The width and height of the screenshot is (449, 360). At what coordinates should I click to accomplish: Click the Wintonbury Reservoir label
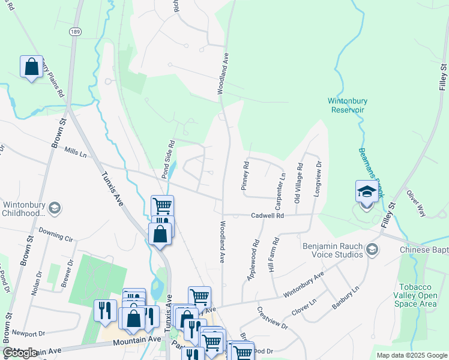[355, 105]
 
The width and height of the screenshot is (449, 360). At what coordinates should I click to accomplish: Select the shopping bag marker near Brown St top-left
[31, 66]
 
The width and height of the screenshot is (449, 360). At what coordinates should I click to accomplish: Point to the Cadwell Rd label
[267, 215]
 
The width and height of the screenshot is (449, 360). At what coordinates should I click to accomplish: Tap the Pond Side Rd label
[167, 160]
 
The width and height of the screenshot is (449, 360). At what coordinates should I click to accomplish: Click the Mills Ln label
[76, 154]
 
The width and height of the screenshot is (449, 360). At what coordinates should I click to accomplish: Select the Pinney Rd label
[244, 176]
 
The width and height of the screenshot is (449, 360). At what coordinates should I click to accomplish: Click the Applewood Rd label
[253, 261]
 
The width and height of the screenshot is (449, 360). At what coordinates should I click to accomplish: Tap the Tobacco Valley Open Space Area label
[418, 295]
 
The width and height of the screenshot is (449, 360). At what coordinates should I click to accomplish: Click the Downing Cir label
[56, 230]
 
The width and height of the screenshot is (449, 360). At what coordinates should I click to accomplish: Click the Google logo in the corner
[20, 353]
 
